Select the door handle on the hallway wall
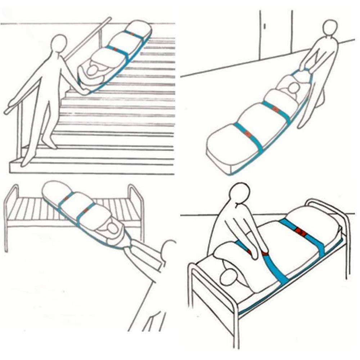[x=265, y=26]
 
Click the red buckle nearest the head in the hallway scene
[x=275, y=108]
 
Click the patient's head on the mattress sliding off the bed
[x=113, y=228]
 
